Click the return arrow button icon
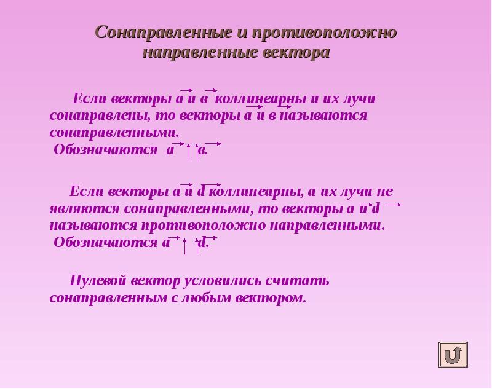(x=453, y=355)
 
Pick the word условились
(x=223, y=281)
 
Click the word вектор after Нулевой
(x=156, y=281)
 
